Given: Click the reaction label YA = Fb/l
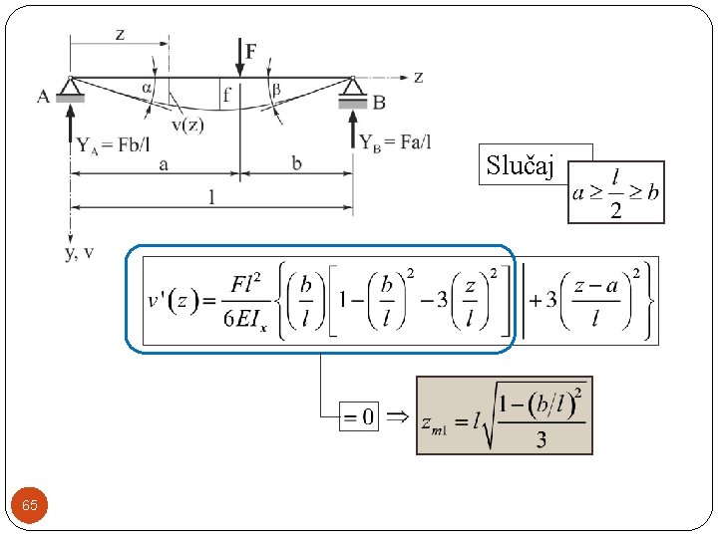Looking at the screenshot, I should [114, 145].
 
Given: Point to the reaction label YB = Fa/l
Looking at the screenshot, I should [396, 142].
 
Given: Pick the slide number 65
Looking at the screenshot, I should [30, 506].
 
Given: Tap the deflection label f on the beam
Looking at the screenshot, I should [226, 97].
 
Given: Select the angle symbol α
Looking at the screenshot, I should [147, 88].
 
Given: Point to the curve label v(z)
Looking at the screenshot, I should [187, 125].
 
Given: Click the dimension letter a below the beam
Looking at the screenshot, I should [162, 163].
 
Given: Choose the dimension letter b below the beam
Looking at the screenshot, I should [297, 163].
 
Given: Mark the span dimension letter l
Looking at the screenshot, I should [211, 197].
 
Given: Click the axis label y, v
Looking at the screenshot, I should [80, 252].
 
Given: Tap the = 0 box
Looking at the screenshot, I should [359, 416].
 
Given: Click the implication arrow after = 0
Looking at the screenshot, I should [397, 416].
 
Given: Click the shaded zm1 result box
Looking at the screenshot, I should [505, 415].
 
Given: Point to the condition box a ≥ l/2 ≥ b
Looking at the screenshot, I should [616, 191].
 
